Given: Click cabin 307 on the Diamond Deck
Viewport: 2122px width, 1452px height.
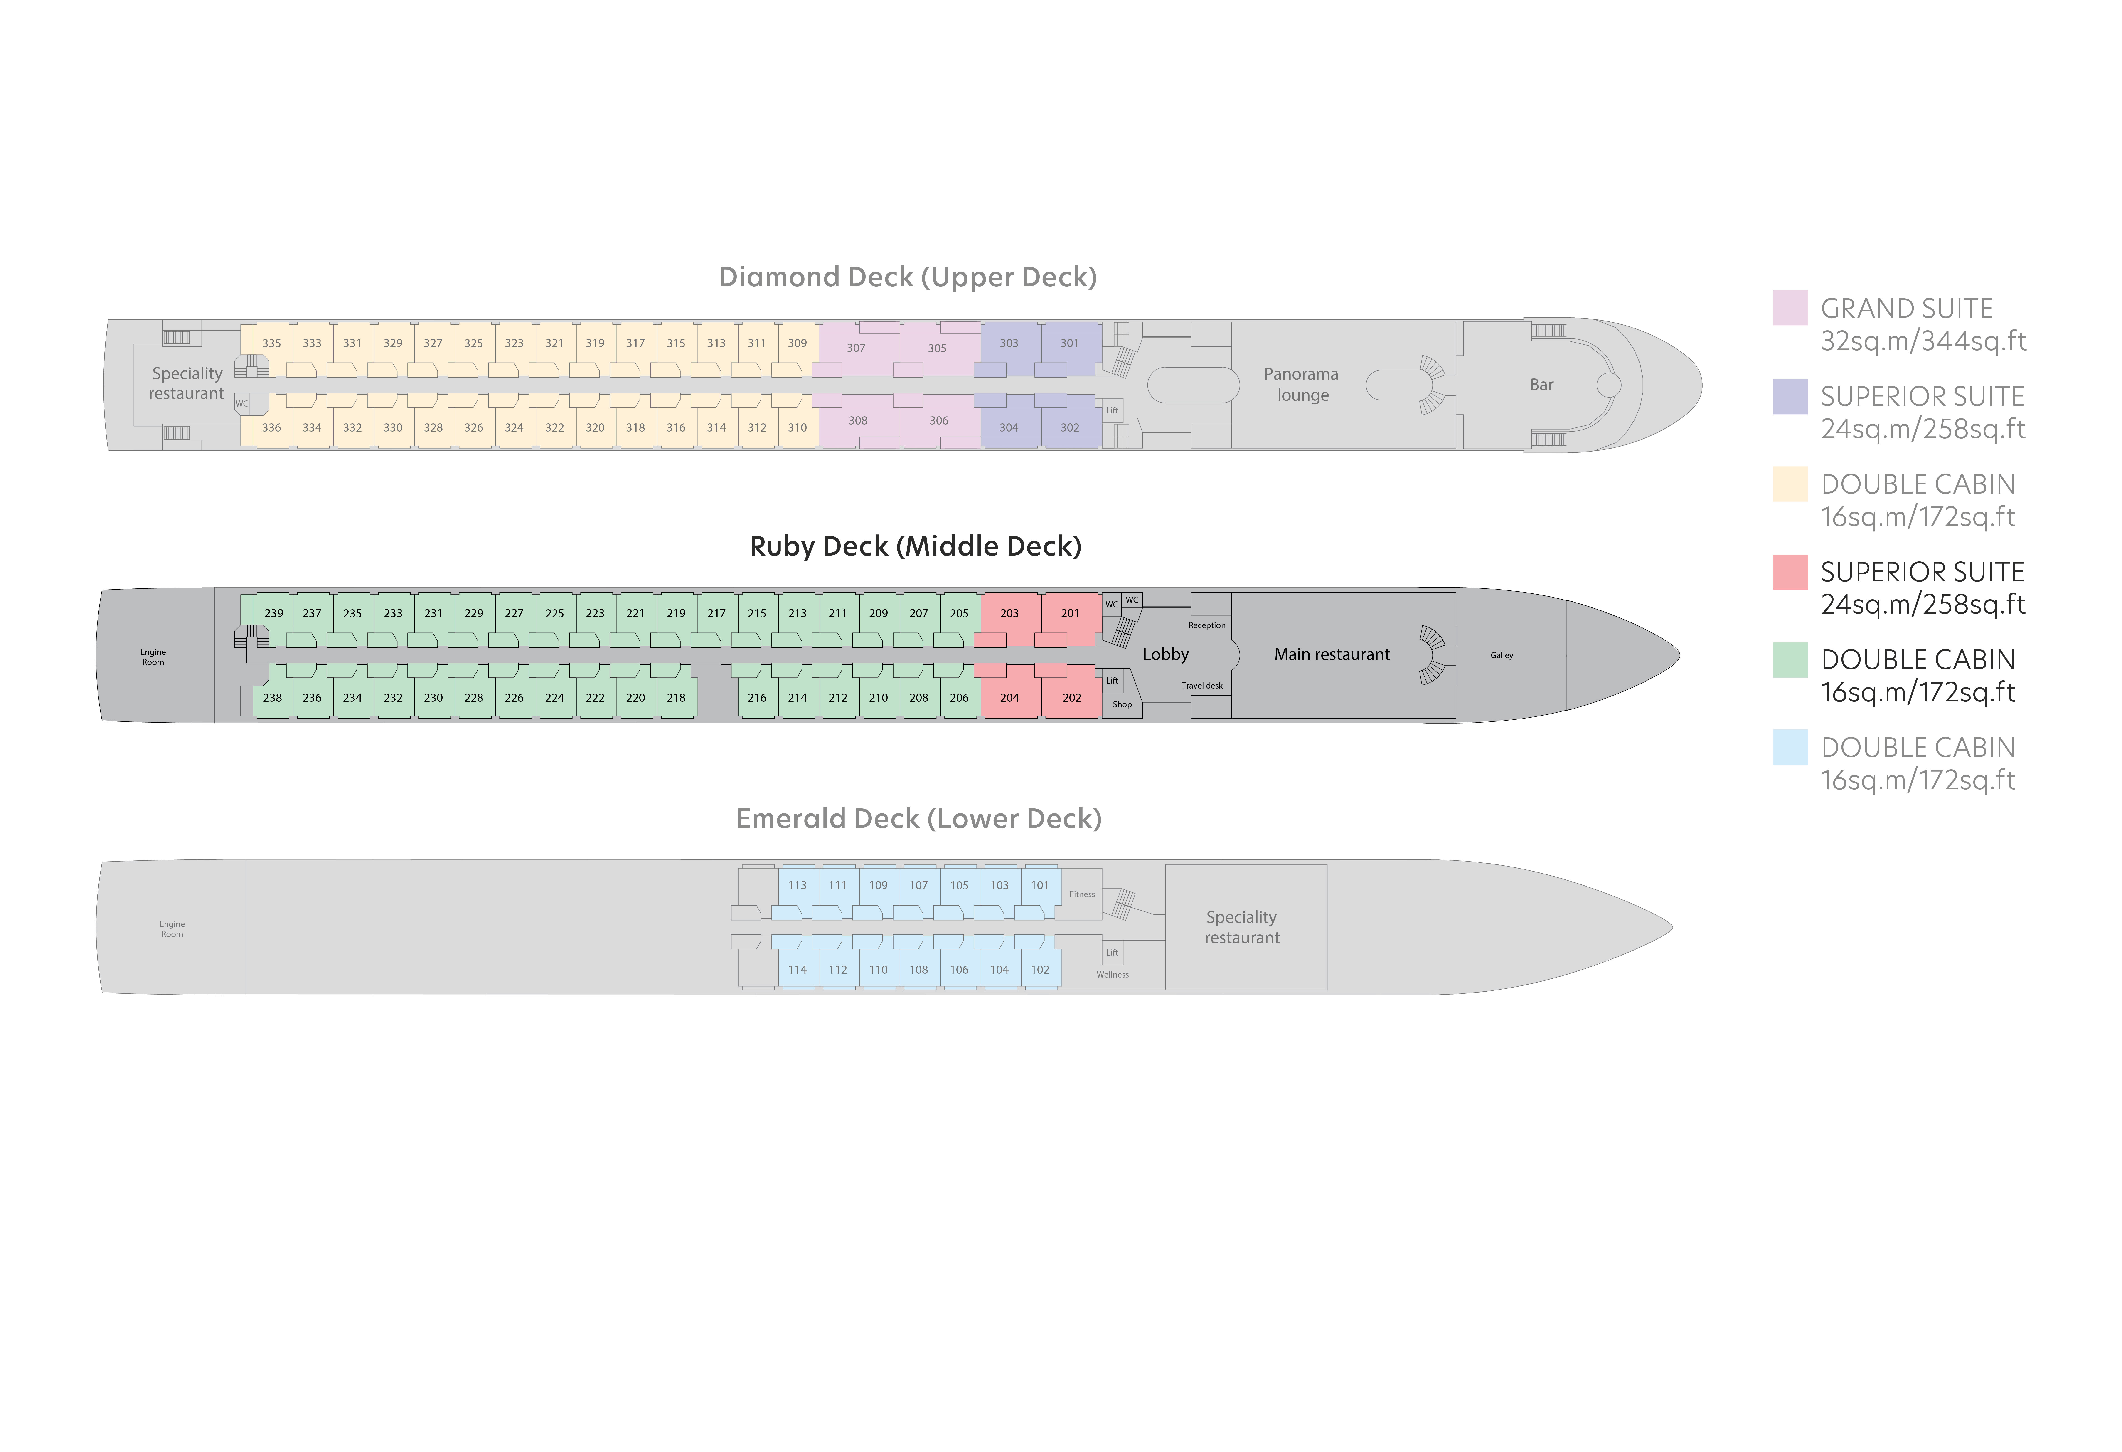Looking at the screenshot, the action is pyautogui.click(x=856, y=348).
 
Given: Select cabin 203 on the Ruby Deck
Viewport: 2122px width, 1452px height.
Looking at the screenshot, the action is pyautogui.click(x=1009, y=614).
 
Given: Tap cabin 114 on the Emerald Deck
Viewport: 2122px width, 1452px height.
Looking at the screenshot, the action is pyautogui.click(x=797, y=970).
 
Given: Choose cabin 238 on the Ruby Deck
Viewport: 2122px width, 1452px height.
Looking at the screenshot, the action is pyautogui.click(x=272, y=698).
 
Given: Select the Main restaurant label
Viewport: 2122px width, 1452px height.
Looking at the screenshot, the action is pyautogui.click(x=1332, y=655).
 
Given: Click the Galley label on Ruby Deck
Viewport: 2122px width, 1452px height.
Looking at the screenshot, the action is pyautogui.click(x=1502, y=656).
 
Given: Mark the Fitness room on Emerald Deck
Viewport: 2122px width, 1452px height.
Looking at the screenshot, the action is pyautogui.click(x=1082, y=894).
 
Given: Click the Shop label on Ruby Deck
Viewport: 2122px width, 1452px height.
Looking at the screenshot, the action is pyautogui.click(x=1122, y=705).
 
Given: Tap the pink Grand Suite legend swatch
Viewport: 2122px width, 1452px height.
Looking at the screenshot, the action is pyautogui.click(x=1790, y=308).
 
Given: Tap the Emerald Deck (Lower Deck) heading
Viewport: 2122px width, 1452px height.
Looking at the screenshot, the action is pyautogui.click(x=918, y=818).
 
